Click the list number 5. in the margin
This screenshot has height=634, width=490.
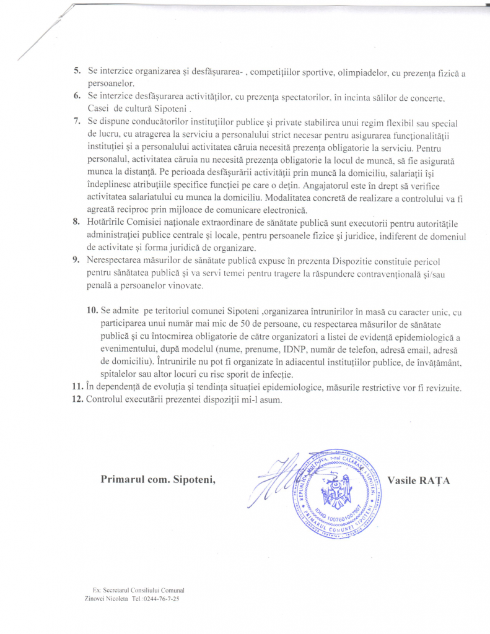click(x=77, y=71)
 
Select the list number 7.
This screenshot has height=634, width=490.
click(x=77, y=120)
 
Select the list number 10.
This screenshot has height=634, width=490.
click(x=93, y=310)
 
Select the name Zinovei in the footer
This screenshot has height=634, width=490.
click(x=96, y=599)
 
